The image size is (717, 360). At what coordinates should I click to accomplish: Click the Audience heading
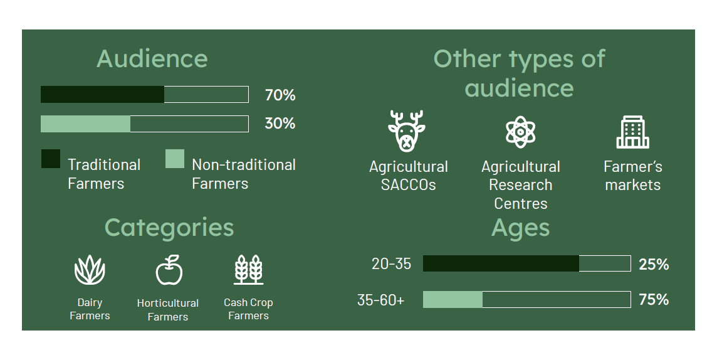[x=152, y=58]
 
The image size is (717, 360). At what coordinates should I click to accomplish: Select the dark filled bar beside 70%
[x=102, y=94]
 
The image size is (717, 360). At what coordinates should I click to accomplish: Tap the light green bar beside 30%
[x=85, y=124]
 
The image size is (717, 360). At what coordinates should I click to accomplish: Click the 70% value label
[x=280, y=95]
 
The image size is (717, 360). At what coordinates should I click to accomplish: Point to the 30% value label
[x=280, y=124]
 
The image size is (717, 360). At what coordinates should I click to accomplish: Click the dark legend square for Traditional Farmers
[x=51, y=159]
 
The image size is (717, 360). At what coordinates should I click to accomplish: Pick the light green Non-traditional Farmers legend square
[x=175, y=159]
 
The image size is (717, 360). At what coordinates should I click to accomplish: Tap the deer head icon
[x=407, y=131]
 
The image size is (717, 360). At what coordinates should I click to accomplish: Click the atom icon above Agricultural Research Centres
[x=520, y=132]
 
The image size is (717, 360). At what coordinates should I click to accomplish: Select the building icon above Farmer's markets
[x=633, y=132]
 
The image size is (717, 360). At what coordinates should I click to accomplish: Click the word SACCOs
[x=409, y=185]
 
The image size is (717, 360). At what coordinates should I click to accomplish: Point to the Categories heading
[x=169, y=227]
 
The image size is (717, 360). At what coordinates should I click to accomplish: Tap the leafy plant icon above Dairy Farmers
[x=90, y=270]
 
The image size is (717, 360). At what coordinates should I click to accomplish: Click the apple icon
[x=169, y=270]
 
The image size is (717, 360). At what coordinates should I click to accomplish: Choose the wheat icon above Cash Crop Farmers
[x=249, y=270]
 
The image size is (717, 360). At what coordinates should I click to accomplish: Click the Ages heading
[x=520, y=228]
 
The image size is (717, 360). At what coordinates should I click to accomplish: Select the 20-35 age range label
[x=392, y=264]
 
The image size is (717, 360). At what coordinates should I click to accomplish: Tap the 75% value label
[x=654, y=300]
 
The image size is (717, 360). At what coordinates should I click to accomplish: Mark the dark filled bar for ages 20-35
[x=501, y=263]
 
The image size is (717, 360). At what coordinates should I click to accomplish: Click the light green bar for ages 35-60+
[x=453, y=300]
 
